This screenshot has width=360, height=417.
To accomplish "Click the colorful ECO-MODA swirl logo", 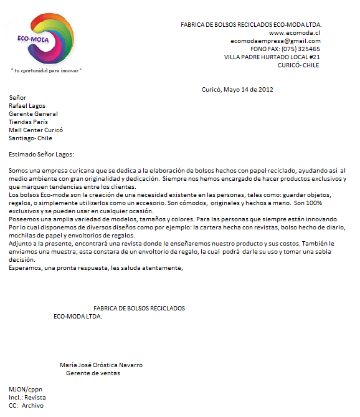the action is [x=47, y=37].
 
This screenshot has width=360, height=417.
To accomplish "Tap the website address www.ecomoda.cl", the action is [x=295, y=33].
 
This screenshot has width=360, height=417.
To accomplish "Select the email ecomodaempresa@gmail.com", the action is [x=275, y=41].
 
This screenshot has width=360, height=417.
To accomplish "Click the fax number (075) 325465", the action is [x=301, y=49].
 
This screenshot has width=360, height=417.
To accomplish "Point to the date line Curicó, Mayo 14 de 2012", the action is [x=237, y=89].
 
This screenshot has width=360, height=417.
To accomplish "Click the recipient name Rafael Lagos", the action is [x=27, y=106].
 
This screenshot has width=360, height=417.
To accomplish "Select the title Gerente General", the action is [x=33, y=114].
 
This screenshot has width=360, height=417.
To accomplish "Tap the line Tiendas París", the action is [x=29, y=122].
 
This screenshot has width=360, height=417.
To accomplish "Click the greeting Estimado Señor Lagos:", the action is [x=41, y=154].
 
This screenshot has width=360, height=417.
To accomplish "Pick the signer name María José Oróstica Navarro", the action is [x=105, y=365].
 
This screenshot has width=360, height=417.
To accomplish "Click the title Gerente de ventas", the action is [x=93, y=373].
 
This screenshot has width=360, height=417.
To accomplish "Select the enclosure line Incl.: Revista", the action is [x=27, y=398].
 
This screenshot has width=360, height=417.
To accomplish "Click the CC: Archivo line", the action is [x=26, y=406].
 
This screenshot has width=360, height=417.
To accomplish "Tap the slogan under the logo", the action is [x=47, y=70].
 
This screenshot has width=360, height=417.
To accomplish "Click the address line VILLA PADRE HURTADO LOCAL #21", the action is [x=272, y=57].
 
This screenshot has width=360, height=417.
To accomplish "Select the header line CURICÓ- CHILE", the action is [x=298, y=65].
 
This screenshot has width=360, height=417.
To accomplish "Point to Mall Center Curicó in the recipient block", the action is [x=36, y=130].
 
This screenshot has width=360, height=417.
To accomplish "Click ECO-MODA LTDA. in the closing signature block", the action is [x=78, y=317].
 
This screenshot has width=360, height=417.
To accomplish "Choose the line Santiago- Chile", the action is [x=31, y=138].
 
